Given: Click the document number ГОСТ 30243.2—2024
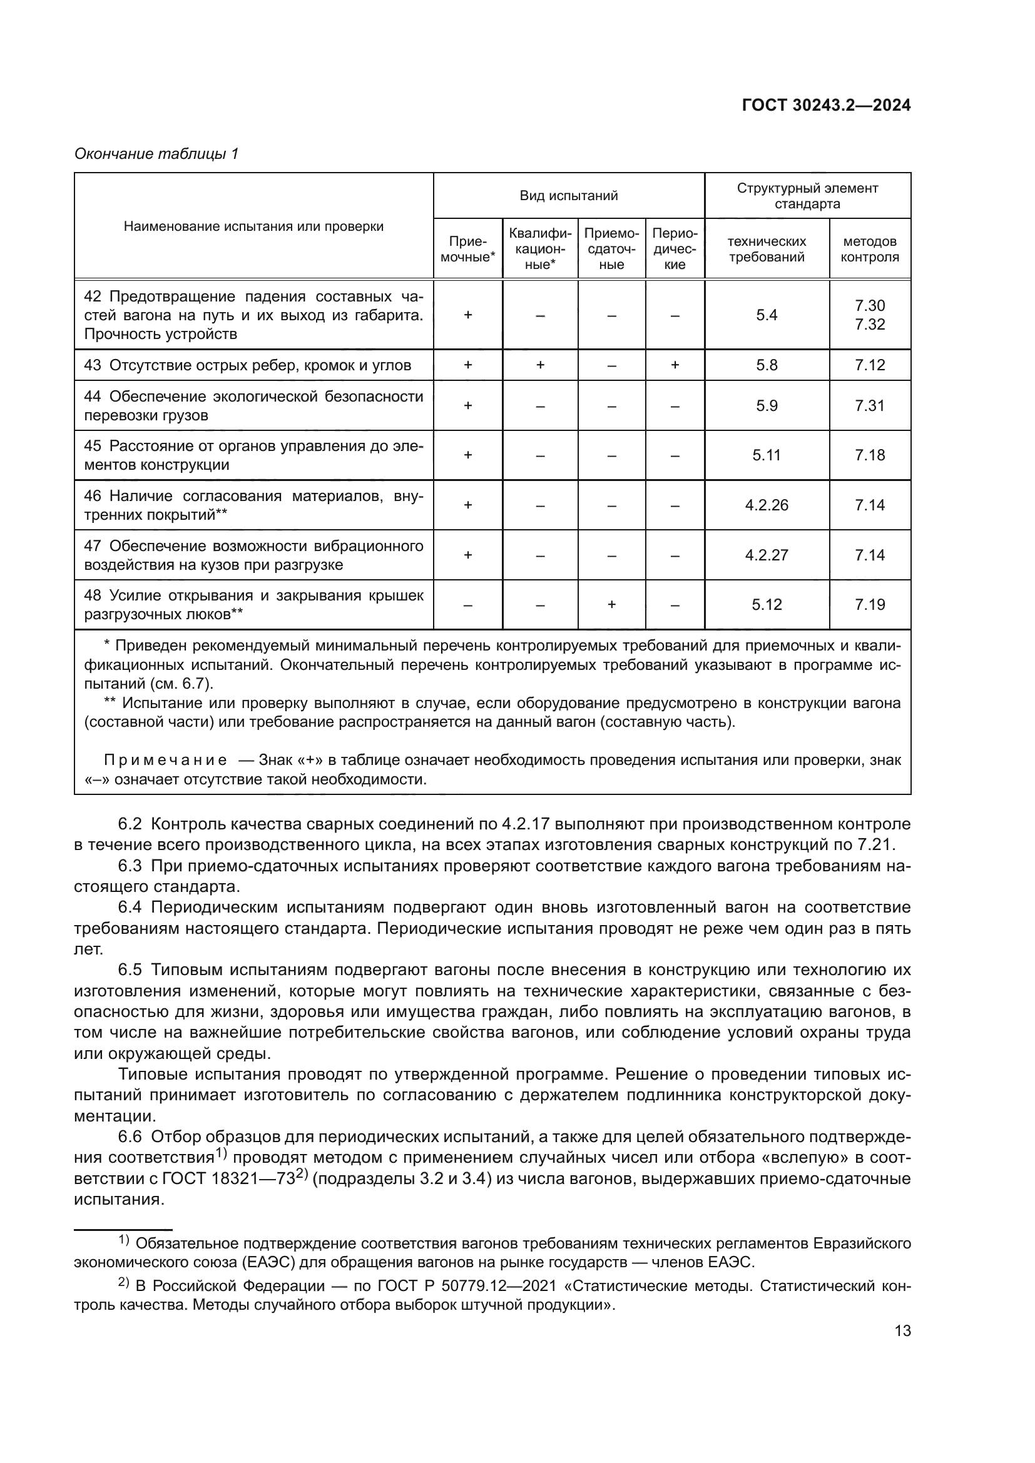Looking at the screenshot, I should [826, 106].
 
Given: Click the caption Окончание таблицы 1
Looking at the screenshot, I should [156, 154].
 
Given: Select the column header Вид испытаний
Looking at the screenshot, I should [568, 196].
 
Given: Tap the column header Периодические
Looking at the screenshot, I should [675, 248].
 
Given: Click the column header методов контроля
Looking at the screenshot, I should [869, 249].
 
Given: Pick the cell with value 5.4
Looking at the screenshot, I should [767, 315].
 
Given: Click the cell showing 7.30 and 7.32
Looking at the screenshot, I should [869, 315].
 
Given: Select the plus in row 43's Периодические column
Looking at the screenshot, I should [675, 365].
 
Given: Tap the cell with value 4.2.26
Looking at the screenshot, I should [767, 505].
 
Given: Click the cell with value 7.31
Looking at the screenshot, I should [869, 406].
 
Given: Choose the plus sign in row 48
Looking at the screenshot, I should [611, 605].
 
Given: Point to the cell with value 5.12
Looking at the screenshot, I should [767, 605].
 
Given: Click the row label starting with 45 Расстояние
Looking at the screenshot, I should [253, 455].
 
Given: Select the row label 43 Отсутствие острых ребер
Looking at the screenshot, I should [247, 365].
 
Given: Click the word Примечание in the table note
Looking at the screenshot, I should [165, 760].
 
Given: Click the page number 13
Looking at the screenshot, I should [902, 1331].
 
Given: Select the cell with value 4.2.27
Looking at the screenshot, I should [767, 555].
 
